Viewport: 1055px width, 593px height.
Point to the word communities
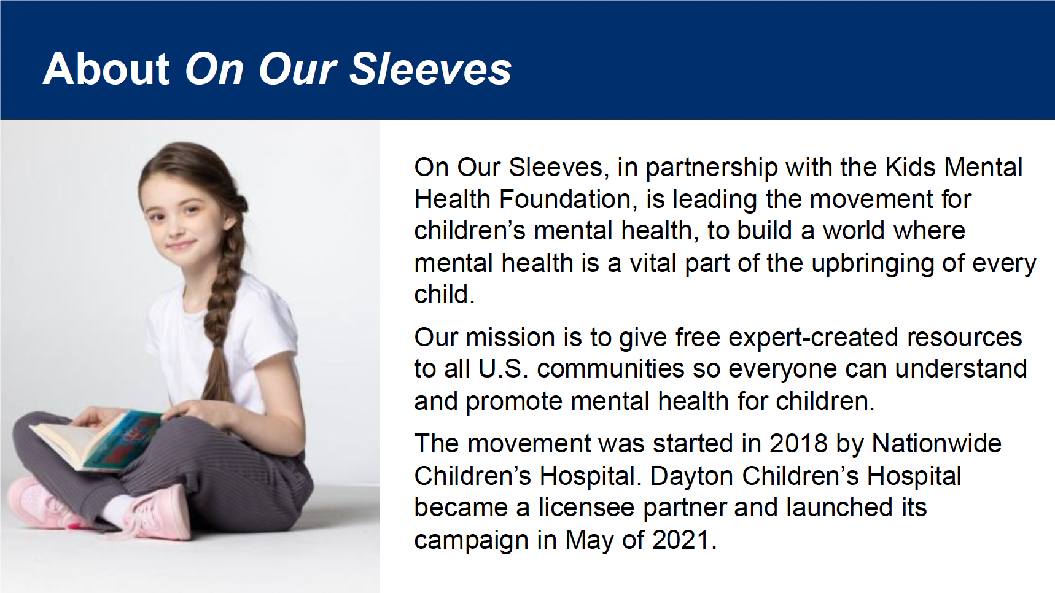tap(610, 369)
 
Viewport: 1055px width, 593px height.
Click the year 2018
tap(798, 444)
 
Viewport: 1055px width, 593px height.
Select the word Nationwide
tap(936, 444)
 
